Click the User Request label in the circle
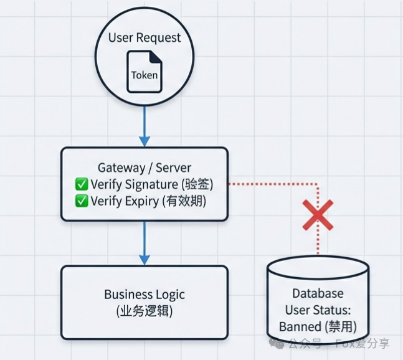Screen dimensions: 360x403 coord(145,37)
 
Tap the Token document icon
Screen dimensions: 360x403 coord(145,72)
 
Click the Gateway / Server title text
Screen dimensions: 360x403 coord(145,168)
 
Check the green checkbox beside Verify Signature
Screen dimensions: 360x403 coord(82,184)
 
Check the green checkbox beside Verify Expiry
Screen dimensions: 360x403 coord(82,201)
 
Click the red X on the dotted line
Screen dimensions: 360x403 coord(318,216)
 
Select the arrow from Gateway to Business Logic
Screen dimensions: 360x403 coord(145,243)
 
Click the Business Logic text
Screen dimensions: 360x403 coord(145,295)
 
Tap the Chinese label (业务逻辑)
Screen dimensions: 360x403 coord(145,311)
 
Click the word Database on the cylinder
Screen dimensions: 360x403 coord(318,293)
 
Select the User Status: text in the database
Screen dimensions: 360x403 coord(318,310)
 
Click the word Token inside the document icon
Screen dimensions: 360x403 coord(145,76)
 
